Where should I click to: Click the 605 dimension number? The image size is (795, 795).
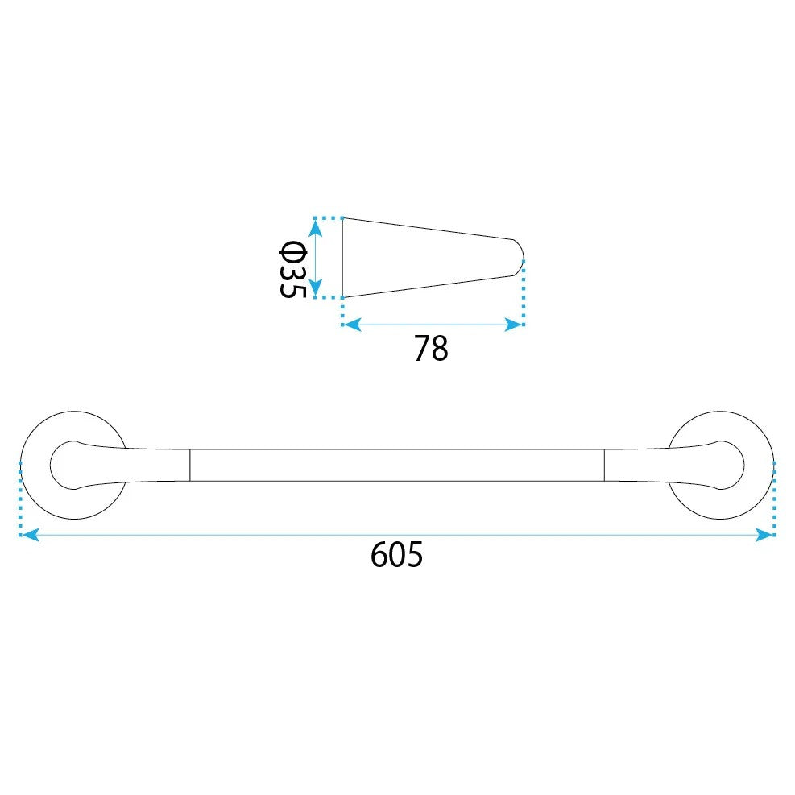coord(396,555)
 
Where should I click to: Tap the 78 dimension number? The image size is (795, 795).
coord(431,348)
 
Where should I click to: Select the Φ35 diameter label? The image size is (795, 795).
coord(293,269)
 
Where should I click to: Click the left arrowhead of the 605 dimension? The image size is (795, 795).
coord(30,534)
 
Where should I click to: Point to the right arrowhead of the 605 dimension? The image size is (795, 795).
coord(764,534)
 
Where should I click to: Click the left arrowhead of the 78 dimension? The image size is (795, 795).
coord(352,325)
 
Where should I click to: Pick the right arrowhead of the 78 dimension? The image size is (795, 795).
coord(514,325)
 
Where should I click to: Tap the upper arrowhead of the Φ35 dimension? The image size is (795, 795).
coord(316,229)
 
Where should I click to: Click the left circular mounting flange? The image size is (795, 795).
coord(23,465)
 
